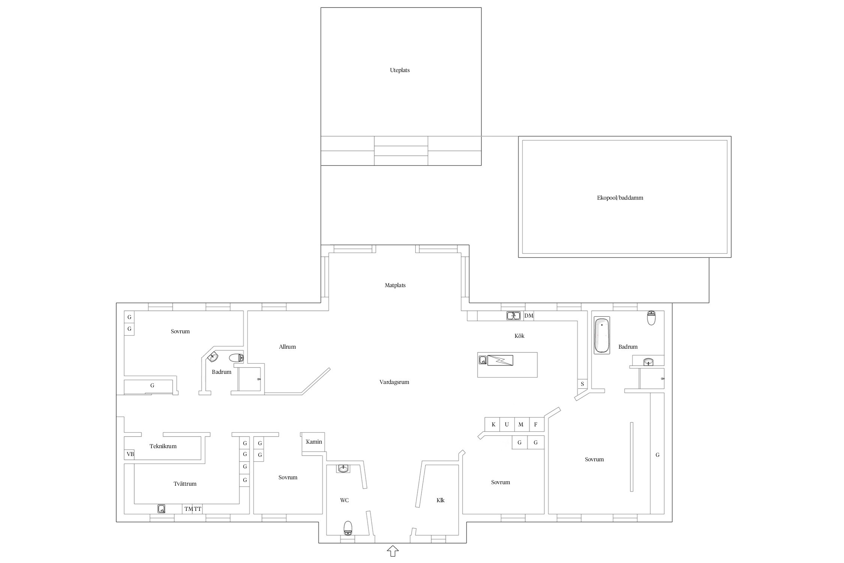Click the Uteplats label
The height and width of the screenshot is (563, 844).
pyautogui.click(x=399, y=70)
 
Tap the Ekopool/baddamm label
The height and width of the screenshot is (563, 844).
pyautogui.click(x=620, y=198)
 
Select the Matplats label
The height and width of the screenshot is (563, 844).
pyautogui.click(x=395, y=285)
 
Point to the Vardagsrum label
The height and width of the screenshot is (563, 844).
pyautogui.click(x=394, y=382)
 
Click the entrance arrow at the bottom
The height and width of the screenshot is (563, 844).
pyautogui.click(x=393, y=551)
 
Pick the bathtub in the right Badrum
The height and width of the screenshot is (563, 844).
pyautogui.click(x=602, y=335)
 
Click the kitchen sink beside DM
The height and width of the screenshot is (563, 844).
pyautogui.click(x=514, y=316)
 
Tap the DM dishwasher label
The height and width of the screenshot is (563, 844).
pyautogui.click(x=529, y=316)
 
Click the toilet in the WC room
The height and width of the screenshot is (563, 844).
pyautogui.click(x=348, y=528)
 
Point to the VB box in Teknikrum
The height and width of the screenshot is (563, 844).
pyautogui.click(x=130, y=454)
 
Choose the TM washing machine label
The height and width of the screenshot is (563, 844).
pyautogui.click(x=188, y=509)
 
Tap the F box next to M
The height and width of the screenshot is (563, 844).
pyautogui.click(x=536, y=425)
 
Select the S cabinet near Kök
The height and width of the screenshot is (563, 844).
pyautogui.click(x=582, y=384)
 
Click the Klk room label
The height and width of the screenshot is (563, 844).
pyautogui.click(x=440, y=500)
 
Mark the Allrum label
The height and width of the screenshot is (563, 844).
pyautogui.click(x=287, y=347)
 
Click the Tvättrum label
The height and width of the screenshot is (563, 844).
pyautogui.click(x=185, y=484)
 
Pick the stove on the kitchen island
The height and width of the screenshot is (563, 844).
pyautogui.click(x=500, y=360)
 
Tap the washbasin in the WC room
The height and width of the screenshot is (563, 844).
pyautogui.click(x=343, y=468)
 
